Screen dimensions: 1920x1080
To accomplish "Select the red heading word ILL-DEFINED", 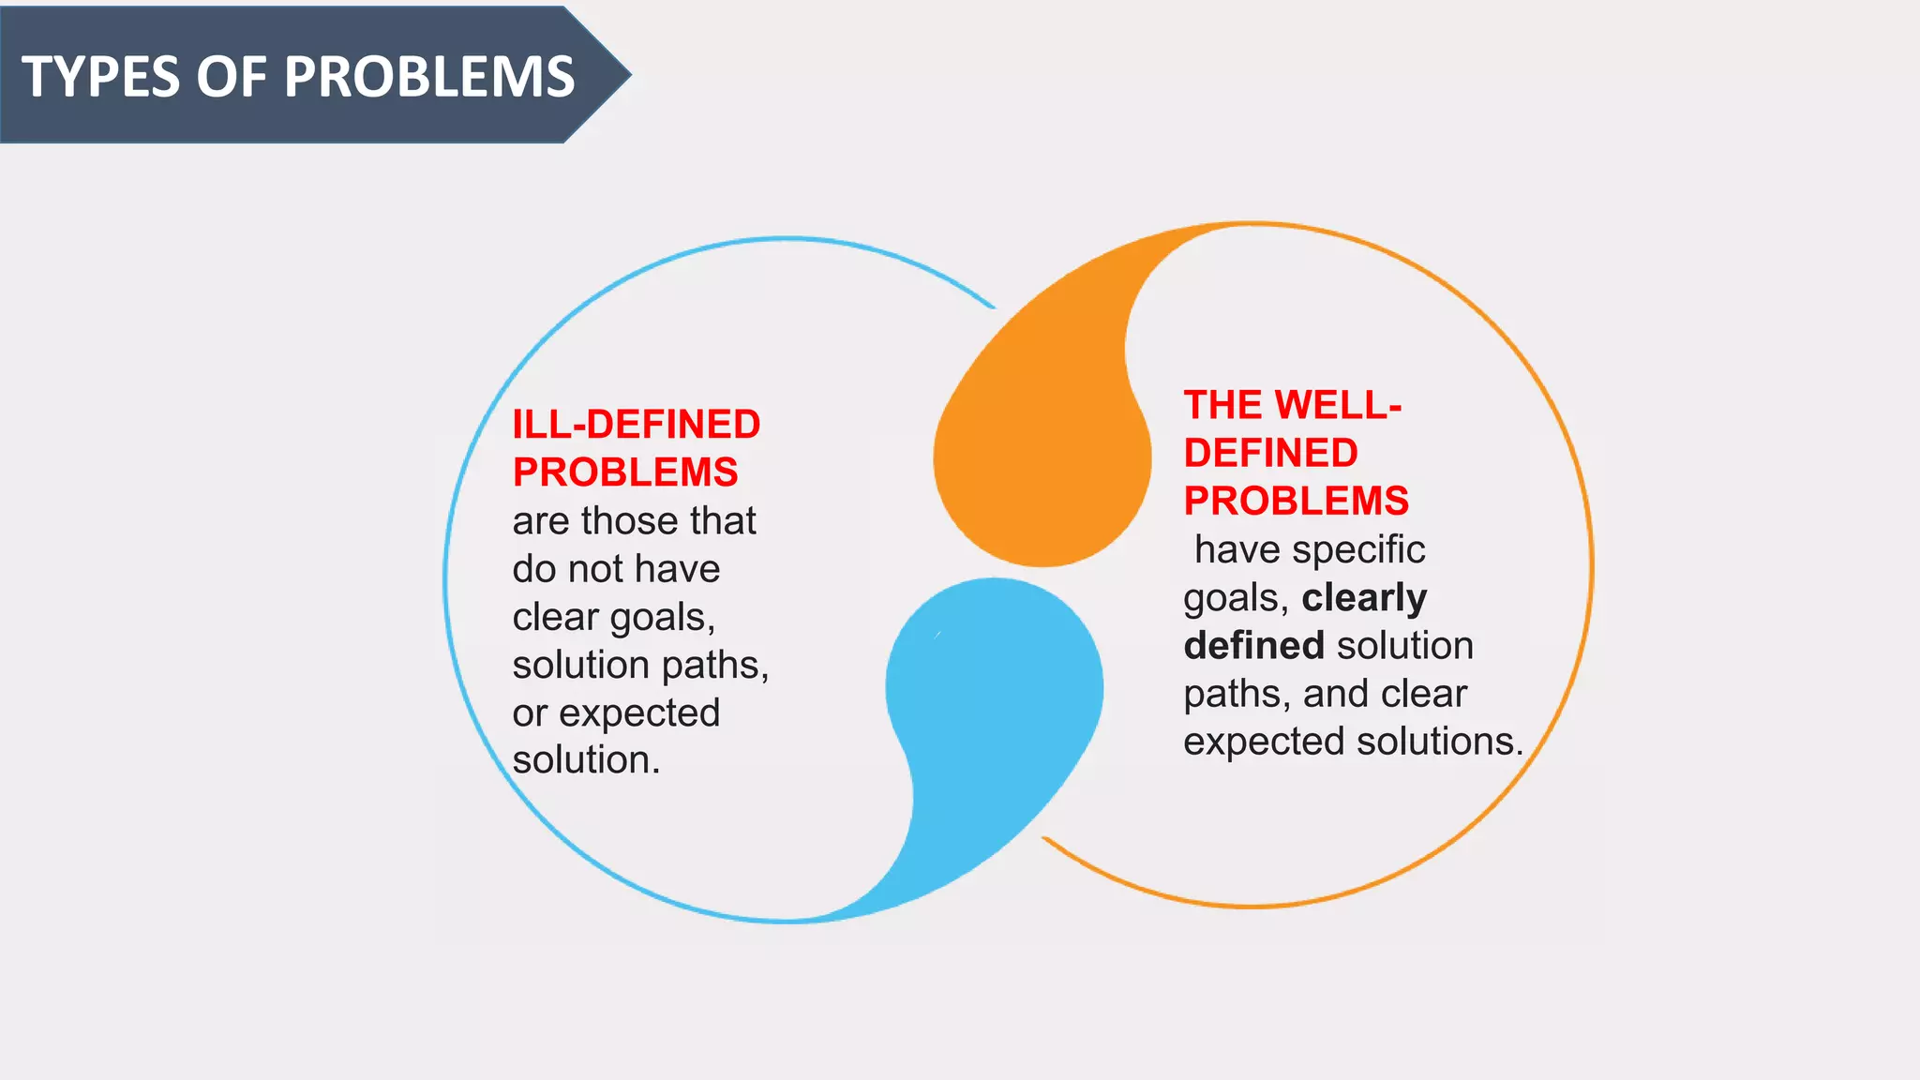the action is [636, 425].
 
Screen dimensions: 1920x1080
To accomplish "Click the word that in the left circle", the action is [723, 521].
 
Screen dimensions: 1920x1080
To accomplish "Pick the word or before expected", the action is [530, 713].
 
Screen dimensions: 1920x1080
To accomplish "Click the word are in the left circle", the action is [541, 521].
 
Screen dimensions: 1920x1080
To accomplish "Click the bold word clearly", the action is [1364, 598].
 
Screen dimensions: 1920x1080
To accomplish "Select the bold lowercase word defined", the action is [1253, 646].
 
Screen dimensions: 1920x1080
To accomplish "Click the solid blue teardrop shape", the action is [994, 694].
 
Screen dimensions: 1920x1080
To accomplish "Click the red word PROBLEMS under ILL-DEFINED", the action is [625, 472].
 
